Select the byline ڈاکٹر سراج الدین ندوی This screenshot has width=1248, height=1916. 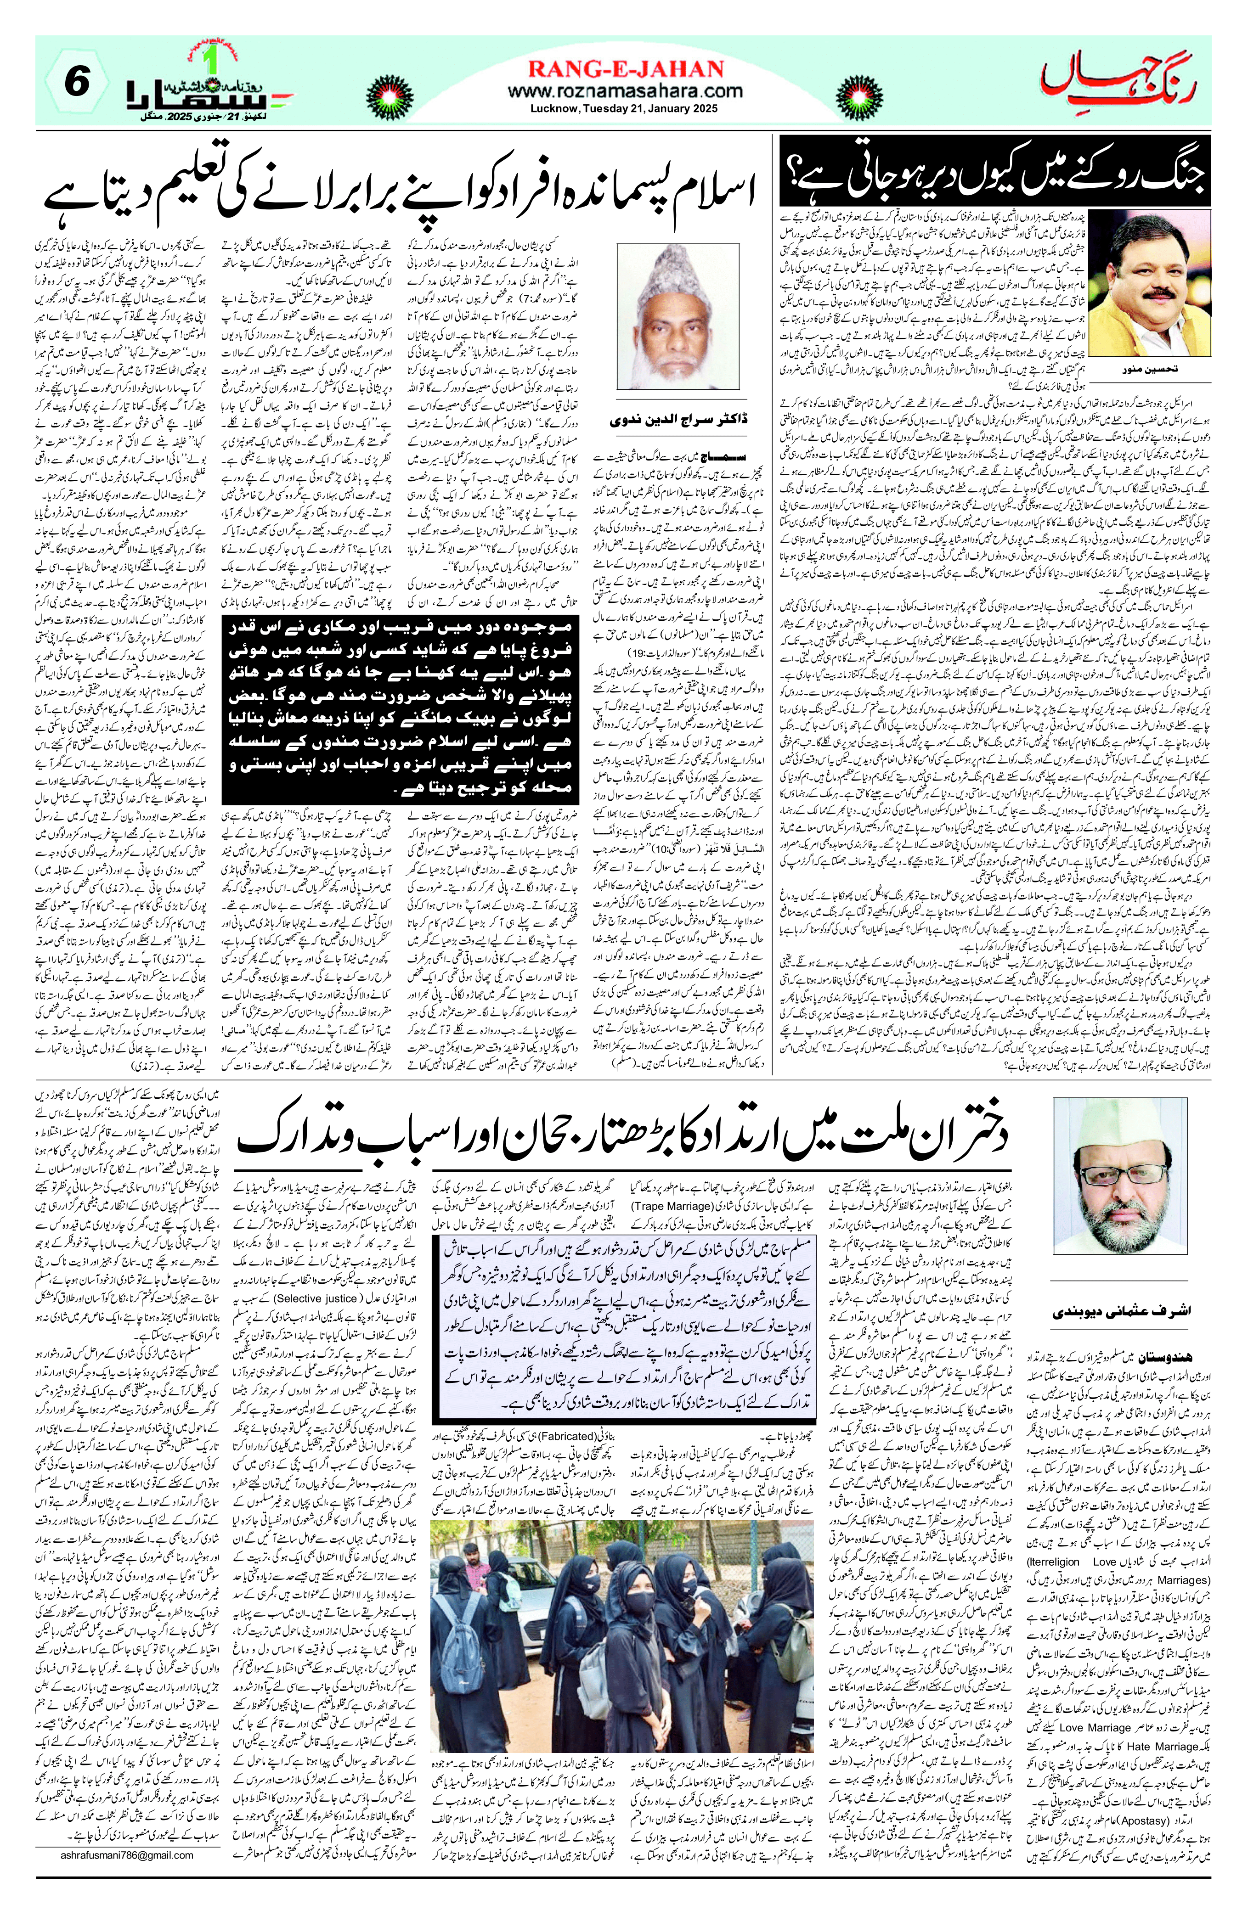tap(677, 420)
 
